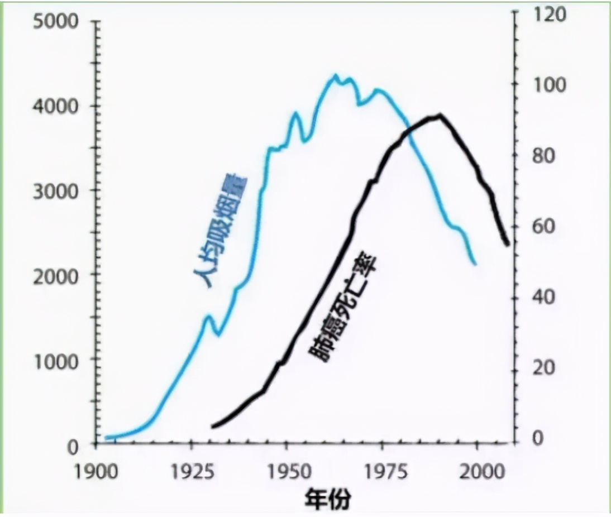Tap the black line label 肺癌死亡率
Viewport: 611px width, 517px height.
pyautogui.click(x=342, y=307)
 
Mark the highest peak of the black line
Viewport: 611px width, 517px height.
pyautogui.click(x=440, y=116)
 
